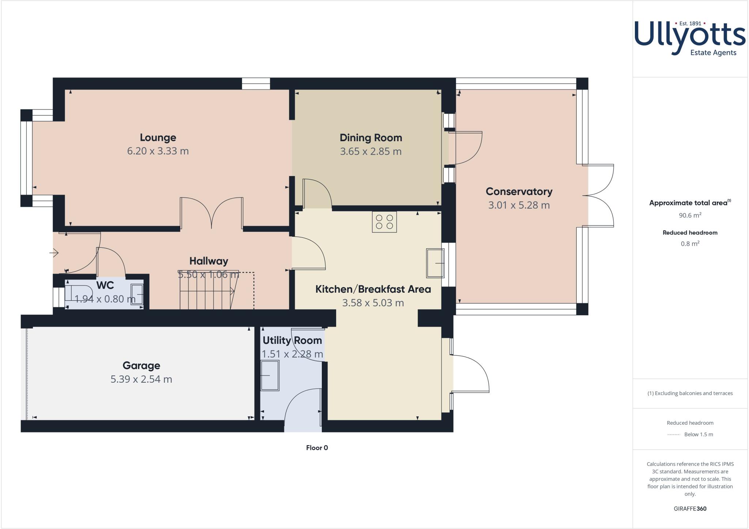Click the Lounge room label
[158, 138]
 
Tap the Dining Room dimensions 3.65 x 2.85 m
[370, 151]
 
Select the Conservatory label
[519, 191]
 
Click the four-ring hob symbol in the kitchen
[384, 222]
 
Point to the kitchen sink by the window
[435, 263]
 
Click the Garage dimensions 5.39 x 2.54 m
[141, 379]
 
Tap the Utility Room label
[292, 340]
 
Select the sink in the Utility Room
[270, 375]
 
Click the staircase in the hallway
[207, 291]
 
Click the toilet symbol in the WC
[75, 293]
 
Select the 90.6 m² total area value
[690, 215]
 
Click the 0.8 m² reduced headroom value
[690, 244]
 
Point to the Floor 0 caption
[317, 448]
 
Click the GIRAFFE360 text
[690, 509]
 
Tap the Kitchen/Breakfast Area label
[373, 289]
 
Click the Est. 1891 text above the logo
[690, 23]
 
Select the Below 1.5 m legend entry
[698, 435]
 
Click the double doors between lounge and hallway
[211, 214]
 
